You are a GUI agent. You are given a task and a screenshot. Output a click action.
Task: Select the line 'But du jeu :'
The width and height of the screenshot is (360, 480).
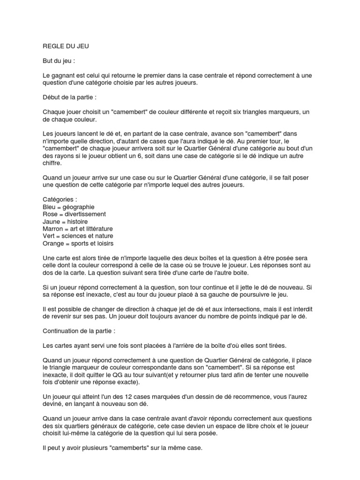(x=58, y=60)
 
